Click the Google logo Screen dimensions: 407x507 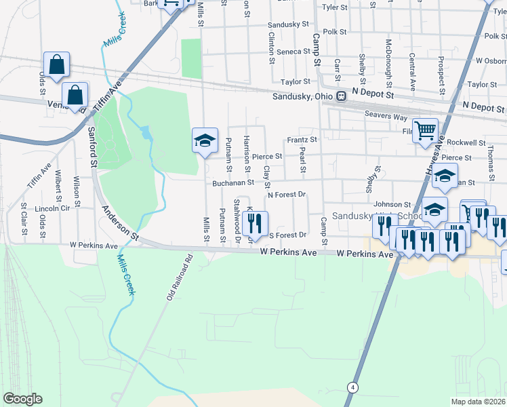click(22, 399)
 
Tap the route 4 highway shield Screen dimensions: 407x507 click(352, 387)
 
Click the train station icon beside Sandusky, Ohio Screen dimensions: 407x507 click(340, 96)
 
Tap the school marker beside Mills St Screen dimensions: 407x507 click(205, 140)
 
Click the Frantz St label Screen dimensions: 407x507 click(302, 140)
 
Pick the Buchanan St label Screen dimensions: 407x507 click(232, 182)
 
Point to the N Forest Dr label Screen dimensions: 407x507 click(287, 195)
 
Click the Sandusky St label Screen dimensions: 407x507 click(288, 24)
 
